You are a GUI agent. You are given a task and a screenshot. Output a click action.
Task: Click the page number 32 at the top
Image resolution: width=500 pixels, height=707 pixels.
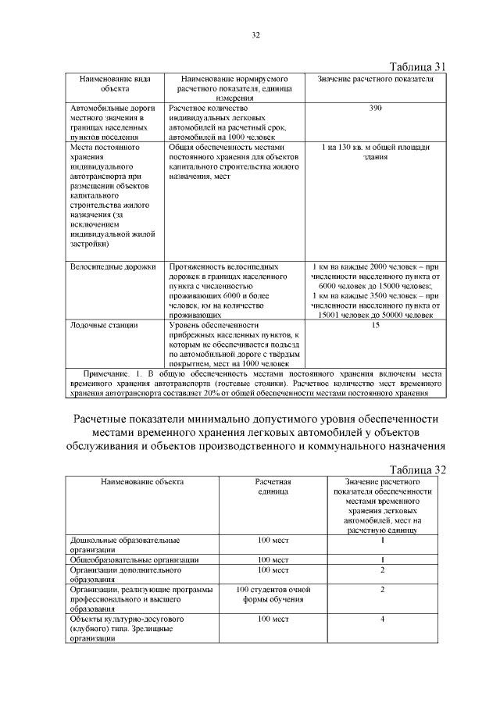tap(255, 34)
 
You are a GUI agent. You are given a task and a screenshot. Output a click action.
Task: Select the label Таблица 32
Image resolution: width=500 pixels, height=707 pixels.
tap(417, 470)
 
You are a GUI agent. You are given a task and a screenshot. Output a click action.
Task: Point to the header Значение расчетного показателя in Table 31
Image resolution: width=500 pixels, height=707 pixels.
tap(376, 80)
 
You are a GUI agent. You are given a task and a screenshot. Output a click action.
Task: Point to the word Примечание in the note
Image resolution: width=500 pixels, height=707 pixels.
tap(110, 374)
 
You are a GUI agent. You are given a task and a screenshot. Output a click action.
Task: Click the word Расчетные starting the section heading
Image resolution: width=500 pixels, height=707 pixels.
tap(105, 419)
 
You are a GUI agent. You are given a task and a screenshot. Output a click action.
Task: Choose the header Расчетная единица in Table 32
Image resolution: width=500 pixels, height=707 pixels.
tap(273, 487)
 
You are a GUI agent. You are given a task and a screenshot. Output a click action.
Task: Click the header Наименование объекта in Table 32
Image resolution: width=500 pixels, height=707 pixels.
tap(141, 482)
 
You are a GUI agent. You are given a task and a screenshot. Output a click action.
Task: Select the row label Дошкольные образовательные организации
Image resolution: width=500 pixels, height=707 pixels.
tap(125, 545)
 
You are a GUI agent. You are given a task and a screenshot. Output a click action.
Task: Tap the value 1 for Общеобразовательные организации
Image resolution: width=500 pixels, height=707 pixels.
tap(382, 560)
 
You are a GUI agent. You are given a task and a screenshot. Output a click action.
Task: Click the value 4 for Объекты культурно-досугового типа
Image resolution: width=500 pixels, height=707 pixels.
tap(382, 619)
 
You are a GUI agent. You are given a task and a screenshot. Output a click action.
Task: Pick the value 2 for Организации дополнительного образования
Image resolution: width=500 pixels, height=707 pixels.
tap(382, 570)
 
